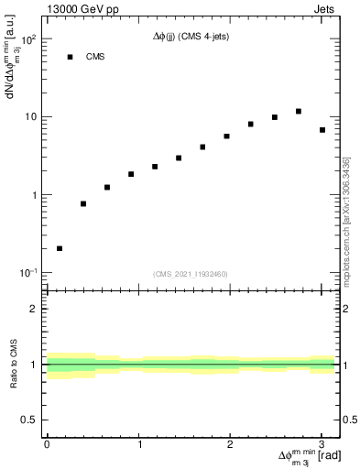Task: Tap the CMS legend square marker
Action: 70,57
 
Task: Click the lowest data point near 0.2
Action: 60,248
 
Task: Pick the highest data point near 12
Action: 299,111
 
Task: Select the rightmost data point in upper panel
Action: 322,130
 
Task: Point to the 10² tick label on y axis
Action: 28,40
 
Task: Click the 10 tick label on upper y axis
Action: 30,117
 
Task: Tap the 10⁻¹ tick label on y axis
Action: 28,273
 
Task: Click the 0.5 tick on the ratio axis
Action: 31,420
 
